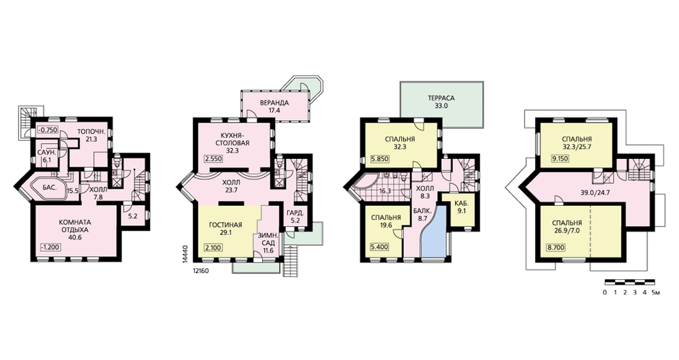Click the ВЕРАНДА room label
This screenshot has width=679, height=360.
coord(274,103)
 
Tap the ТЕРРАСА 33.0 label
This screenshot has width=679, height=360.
coord(442,102)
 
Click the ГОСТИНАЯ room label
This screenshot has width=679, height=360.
coord(225,225)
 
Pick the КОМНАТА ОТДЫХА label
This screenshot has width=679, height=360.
coord(75,226)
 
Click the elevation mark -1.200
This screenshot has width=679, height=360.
coord(50,247)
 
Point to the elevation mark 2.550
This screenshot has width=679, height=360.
coord(213,159)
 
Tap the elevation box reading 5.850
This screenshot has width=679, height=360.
coord(380,159)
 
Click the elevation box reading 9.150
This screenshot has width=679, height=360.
coord(559,159)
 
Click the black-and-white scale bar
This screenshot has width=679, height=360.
coord(629,282)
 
